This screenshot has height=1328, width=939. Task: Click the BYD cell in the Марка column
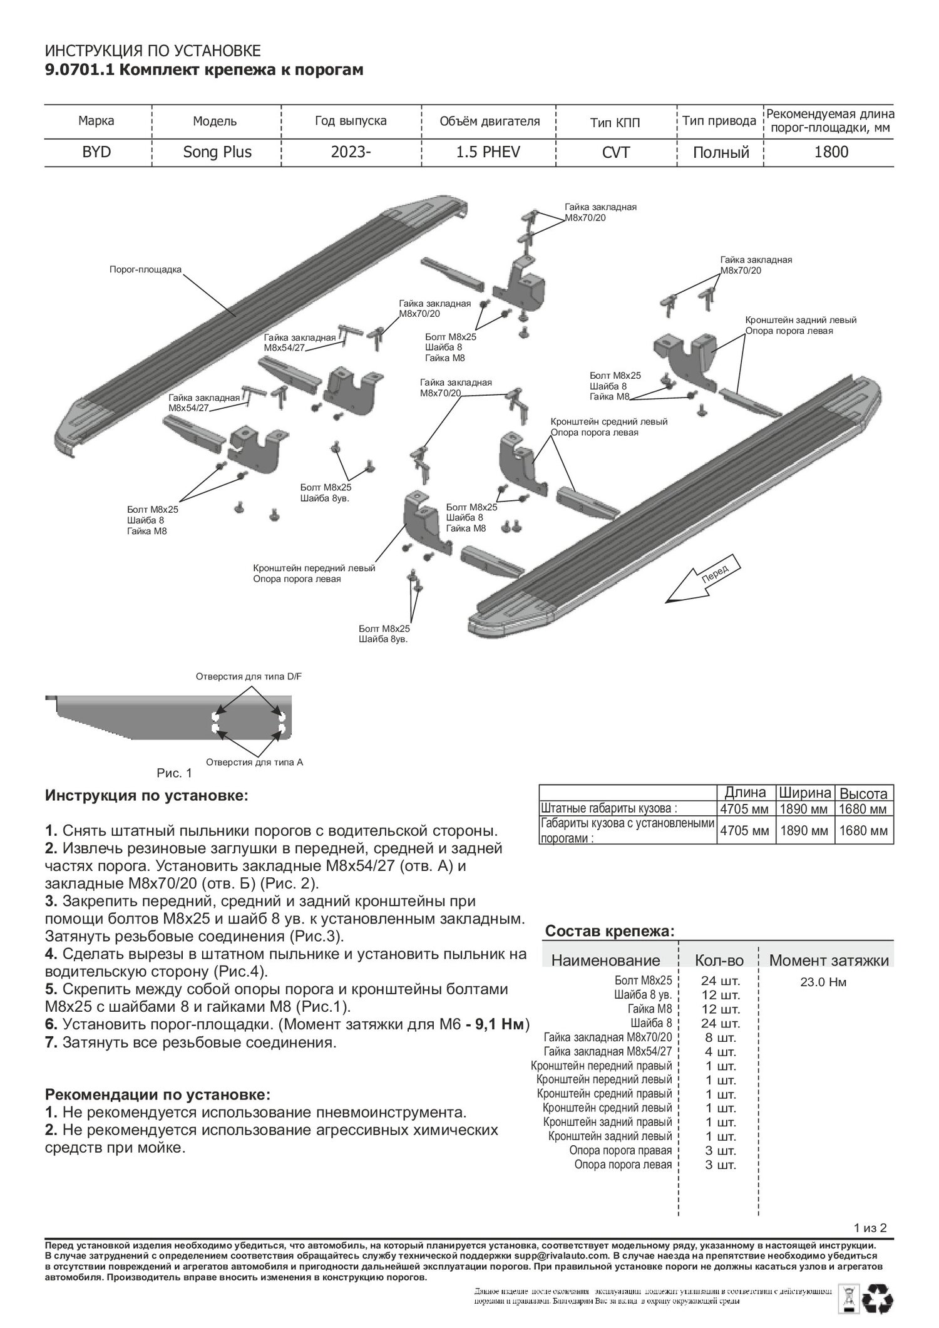coord(96,152)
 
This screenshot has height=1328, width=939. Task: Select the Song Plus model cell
coord(217,152)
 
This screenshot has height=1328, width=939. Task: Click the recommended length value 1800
coord(831,152)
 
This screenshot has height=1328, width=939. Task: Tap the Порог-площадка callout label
coord(145,269)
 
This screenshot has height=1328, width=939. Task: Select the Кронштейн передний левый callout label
coord(314,569)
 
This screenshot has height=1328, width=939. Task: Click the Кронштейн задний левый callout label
coord(801,320)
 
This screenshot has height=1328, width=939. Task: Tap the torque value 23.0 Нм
coord(823,982)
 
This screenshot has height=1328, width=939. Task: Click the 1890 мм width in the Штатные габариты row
coord(805,809)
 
